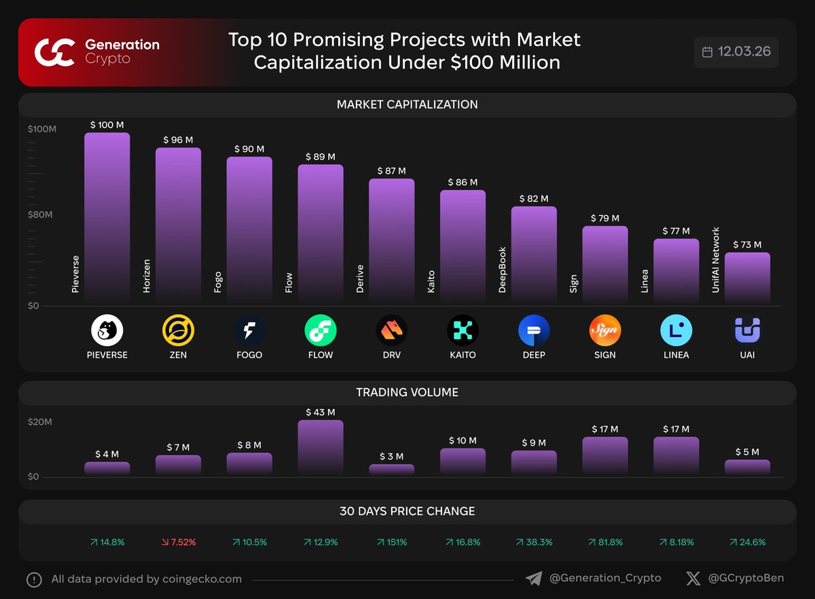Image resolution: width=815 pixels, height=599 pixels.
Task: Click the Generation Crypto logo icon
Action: [55, 52]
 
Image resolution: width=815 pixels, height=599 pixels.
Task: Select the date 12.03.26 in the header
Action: [744, 52]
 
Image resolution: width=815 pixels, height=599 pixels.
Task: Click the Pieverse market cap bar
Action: [107, 217]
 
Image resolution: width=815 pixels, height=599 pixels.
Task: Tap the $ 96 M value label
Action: [178, 140]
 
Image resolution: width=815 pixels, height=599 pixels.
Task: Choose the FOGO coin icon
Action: [249, 330]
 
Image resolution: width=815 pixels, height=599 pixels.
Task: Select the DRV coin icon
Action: [392, 330]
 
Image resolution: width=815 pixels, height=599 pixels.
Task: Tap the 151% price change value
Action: [392, 542]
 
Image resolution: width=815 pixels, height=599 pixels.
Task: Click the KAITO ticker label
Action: [463, 355]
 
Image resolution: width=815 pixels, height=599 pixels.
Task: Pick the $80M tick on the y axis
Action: [40, 215]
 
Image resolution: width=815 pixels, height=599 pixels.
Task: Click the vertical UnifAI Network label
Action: [715, 260]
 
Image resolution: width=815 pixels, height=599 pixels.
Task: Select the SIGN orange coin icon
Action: [604, 330]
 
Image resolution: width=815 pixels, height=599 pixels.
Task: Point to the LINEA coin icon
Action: [676, 330]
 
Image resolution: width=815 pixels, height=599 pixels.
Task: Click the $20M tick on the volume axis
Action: [40, 422]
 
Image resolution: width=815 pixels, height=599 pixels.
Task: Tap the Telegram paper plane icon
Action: [534, 579]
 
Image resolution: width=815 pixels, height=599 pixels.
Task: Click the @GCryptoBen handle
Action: [746, 579]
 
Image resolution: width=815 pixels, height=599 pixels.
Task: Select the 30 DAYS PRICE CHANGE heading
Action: [407, 511]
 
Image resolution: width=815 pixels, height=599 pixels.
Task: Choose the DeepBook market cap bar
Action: [534, 254]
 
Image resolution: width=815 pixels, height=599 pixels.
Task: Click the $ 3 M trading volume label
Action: [391, 457]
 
